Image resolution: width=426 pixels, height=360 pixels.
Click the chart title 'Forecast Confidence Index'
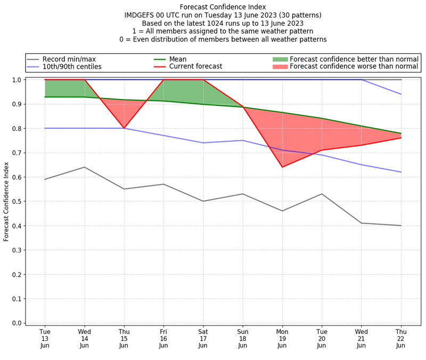[223, 7]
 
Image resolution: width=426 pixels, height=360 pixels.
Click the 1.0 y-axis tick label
[16, 80]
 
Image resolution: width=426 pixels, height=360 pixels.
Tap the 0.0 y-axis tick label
[16, 323]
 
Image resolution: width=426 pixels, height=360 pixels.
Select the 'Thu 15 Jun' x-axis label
[124, 338]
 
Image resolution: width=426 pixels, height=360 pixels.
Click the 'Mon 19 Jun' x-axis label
[282, 338]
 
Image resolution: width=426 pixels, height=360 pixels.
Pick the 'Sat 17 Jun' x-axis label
[203, 338]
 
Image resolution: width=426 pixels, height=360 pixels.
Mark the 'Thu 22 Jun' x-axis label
[400, 338]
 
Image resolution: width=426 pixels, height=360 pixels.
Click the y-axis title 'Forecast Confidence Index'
[7, 201]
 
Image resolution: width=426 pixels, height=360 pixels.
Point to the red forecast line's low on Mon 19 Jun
[282, 167]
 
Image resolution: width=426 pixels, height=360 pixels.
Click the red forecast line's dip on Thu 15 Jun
[124, 128]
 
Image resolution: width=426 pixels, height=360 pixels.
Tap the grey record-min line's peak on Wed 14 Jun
[84, 167]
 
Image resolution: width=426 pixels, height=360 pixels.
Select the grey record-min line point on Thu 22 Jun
[400, 226]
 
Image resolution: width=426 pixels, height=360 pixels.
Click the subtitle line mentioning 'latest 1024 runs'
[223, 23]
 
